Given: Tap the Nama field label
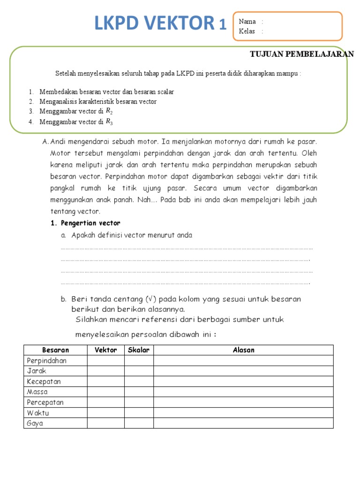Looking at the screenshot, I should click(247, 22).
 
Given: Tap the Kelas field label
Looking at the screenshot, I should click(247, 31).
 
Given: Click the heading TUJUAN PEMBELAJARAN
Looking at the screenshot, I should click(302, 54).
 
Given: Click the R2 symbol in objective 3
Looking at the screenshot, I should click(109, 111).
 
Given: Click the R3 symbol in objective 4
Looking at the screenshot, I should click(109, 122).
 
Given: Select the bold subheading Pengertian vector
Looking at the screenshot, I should click(89, 223).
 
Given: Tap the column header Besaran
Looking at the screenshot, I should click(55, 350).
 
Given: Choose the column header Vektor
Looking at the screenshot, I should click(105, 350).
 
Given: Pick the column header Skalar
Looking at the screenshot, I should click(139, 350).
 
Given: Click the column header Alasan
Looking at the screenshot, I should click(243, 350).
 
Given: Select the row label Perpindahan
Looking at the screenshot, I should click(47, 360).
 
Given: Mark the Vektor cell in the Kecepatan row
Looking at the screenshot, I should click(105, 382).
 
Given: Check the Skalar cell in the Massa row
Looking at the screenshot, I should click(139, 392).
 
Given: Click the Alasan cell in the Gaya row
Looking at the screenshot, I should click(243, 423).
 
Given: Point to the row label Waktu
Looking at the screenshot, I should click(38, 413).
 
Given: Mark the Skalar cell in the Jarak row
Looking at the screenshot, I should click(139, 371).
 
